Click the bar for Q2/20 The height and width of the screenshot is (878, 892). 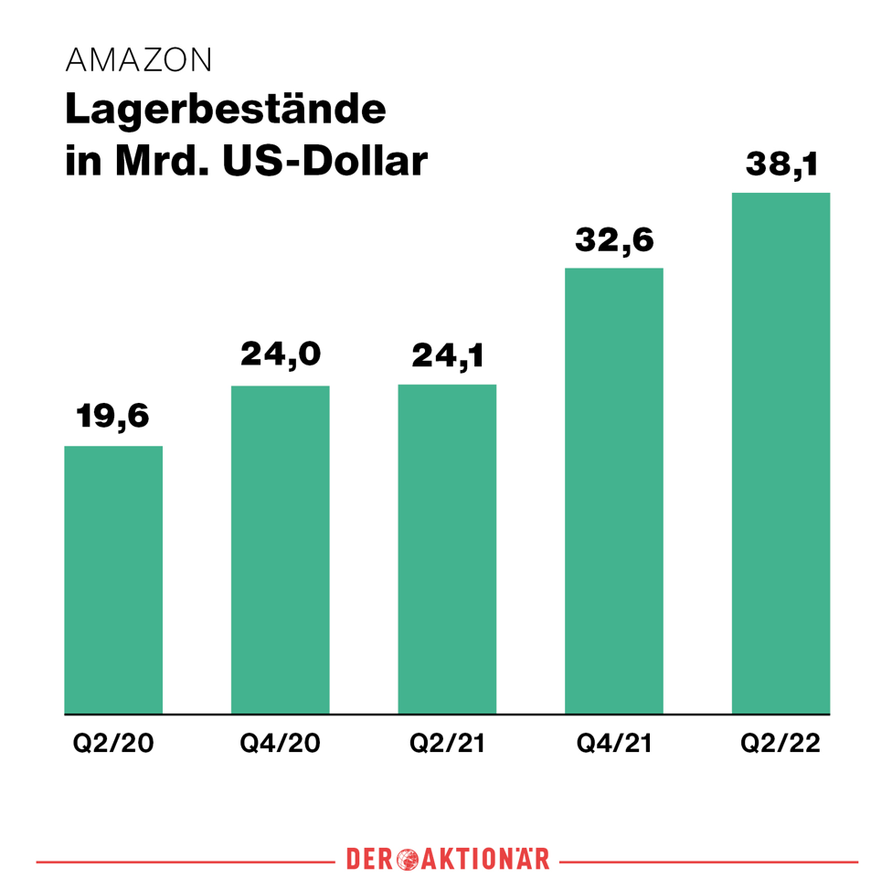113,579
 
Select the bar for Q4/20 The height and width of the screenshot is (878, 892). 281,549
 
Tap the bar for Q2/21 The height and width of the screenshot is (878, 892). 447,548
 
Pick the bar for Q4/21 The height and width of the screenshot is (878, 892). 614,491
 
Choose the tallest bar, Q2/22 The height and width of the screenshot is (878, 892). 781,453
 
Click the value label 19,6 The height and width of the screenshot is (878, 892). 113,416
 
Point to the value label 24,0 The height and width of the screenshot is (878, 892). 281,354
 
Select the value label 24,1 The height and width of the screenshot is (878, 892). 447,354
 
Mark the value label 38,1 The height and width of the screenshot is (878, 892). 781,164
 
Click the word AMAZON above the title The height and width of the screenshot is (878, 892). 139,60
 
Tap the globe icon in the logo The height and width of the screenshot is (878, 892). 409,860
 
